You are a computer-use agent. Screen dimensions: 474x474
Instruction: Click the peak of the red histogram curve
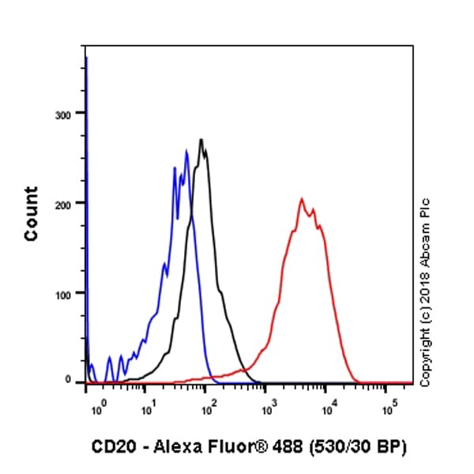pos(301,198)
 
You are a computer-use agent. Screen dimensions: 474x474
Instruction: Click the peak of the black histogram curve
pos(201,140)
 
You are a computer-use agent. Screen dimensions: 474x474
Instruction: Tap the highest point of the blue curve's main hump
pos(186,150)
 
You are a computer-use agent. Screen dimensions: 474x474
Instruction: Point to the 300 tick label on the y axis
pos(63,114)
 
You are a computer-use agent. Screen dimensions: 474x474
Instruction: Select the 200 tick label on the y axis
pos(63,203)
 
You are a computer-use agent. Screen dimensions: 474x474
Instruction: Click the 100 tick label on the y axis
pos(63,293)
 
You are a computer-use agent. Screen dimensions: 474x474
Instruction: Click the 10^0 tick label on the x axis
pos(96,408)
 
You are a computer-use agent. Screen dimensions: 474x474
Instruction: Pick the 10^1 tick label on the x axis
pos(147,408)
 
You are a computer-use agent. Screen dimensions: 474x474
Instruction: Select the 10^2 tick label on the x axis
pos(208,408)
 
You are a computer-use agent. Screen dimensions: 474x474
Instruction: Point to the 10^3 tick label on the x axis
pos(269,408)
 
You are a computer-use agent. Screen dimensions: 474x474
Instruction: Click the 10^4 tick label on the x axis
pos(329,408)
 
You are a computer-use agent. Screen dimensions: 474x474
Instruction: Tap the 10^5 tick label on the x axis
pos(389,408)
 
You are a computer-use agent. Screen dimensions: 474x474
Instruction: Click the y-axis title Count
pos(31,213)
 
